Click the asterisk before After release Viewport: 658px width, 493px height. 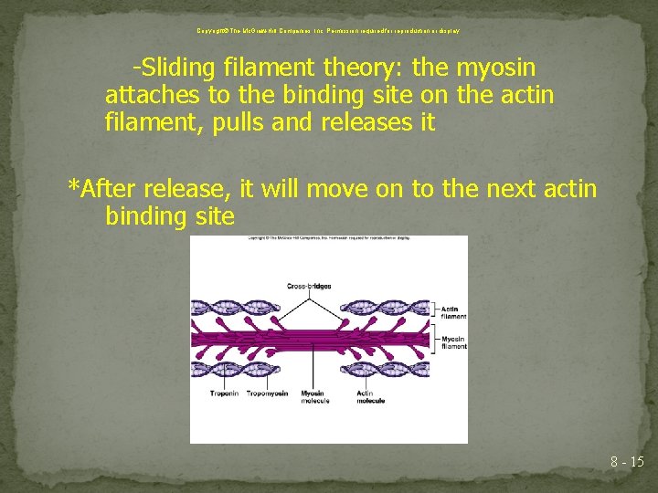click(x=74, y=188)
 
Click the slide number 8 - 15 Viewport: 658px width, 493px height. click(x=627, y=462)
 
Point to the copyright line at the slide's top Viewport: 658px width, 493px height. click(x=328, y=30)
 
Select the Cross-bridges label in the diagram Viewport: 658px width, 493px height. click(x=309, y=286)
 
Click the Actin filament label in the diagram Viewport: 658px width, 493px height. click(x=452, y=313)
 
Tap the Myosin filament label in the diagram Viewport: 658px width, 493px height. click(x=452, y=342)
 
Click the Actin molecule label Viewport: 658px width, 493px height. click(x=370, y=397)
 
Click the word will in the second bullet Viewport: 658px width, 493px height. click(x=281, y=190)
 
